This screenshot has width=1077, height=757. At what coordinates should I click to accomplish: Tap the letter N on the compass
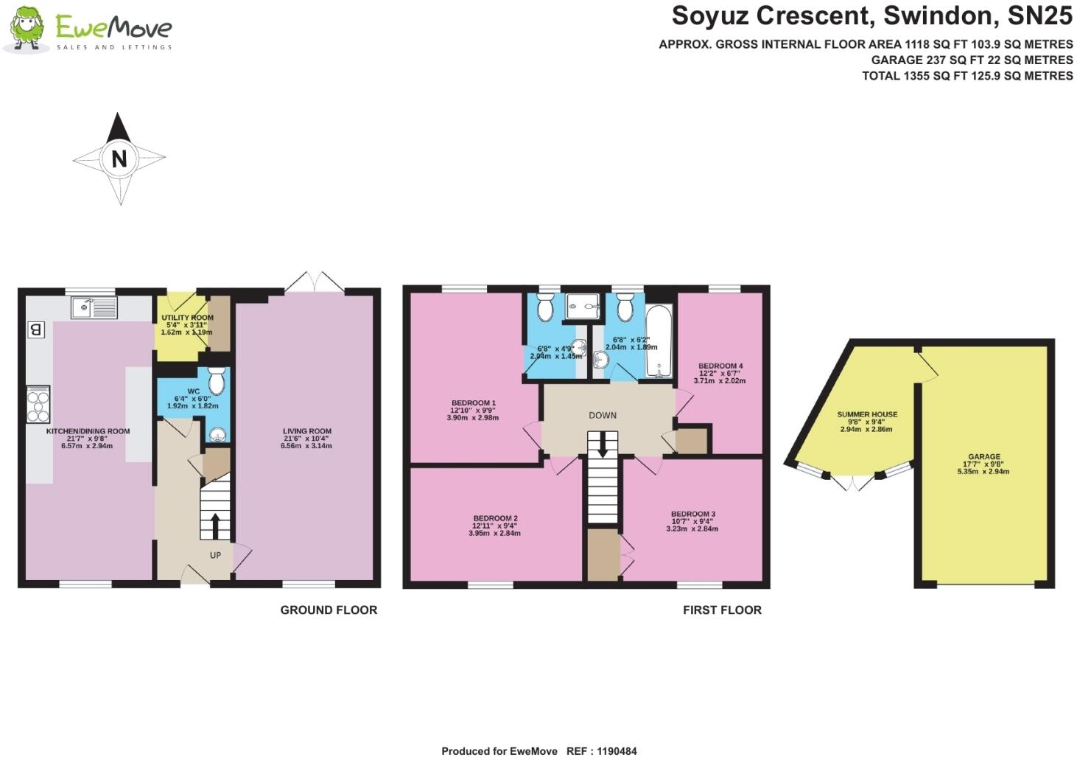[119, 158]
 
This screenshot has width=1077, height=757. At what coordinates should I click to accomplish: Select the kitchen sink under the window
[94, 307]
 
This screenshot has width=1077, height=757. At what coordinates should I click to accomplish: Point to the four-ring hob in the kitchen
[38, 405]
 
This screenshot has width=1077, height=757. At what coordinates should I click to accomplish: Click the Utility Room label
[187, 318]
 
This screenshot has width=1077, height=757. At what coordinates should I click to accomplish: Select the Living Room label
[306, 431]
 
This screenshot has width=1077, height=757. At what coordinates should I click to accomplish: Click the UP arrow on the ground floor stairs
[215, 526]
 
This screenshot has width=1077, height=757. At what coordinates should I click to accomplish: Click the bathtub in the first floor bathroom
[659, 341]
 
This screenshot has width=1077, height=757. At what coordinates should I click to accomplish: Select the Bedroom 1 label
[473, 403]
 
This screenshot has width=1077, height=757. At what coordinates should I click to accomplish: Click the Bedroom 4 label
[720, 366]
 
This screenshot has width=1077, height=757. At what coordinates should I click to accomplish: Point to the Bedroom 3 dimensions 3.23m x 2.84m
[692, 529]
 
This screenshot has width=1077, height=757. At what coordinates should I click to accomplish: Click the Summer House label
[867, 414]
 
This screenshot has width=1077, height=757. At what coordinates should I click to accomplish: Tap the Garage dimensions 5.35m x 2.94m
[983, 471]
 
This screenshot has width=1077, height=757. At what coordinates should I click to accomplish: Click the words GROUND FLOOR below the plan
[329, 610]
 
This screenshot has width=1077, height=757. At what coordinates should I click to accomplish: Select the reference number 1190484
[617, 751]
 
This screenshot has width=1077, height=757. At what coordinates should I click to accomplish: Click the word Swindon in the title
[938, 16]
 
